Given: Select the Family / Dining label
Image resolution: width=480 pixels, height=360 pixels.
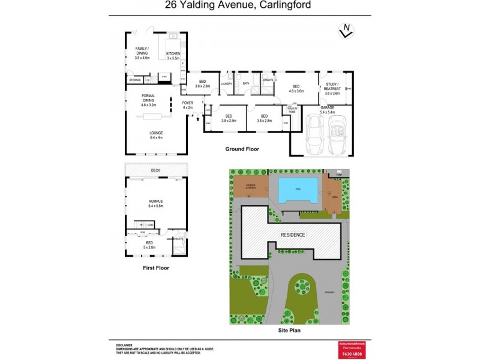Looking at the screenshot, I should (x=142, y=53).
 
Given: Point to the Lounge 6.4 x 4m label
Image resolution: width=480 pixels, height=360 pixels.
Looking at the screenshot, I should (x=156, y=135).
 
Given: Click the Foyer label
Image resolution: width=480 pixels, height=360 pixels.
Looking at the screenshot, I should (x=188, y=105).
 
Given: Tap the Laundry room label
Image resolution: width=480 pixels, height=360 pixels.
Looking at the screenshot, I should (x=226, y=83).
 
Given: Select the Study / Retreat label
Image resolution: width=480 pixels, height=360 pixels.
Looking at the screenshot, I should (x=332, y=89).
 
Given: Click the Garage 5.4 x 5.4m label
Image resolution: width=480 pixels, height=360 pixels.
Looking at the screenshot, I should (x=327, y=109).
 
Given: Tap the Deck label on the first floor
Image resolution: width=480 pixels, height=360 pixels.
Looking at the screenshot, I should (x=155, y=170).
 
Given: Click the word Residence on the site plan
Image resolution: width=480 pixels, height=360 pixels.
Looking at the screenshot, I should (x=293, y=234).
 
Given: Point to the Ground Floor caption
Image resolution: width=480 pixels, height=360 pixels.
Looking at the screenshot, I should (x=242, y=149).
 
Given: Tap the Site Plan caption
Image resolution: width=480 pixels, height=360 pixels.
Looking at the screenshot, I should (x=289, y=329).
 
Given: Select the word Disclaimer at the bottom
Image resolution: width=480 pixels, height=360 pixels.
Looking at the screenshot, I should (x=124, y=346).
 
